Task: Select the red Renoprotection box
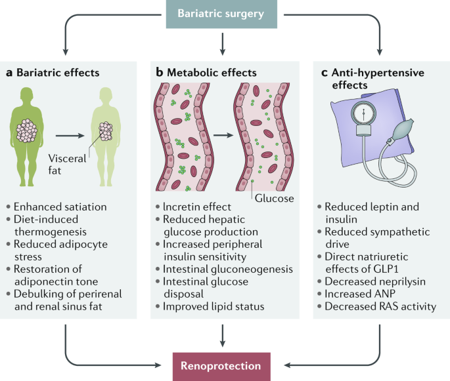tap(224, 365)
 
